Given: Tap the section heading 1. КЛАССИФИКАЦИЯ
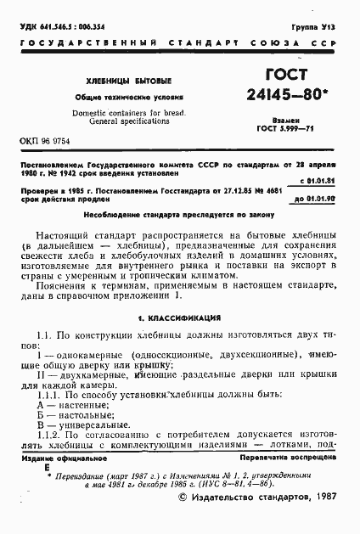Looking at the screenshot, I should click(179, 317).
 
